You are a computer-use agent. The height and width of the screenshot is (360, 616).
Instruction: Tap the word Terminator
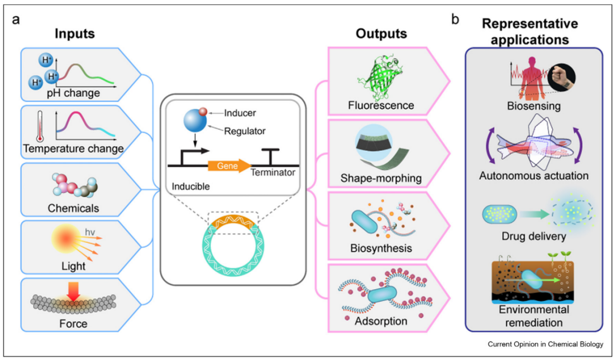click(x=273, y=174)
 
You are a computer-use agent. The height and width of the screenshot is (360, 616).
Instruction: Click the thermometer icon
click(x=40, y=126)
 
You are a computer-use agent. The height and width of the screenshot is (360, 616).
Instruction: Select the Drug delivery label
click(x=533, y=237)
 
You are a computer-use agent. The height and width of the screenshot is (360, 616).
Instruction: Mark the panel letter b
click(x=456, y=21)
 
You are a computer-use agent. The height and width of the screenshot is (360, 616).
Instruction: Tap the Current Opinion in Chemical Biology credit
click(x=545, y=344)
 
